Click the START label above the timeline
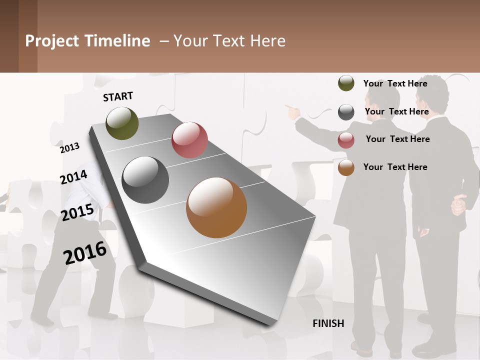point(118,96)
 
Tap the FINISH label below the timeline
point(328,323)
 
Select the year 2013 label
point(70,147)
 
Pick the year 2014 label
point(73,177)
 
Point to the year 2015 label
point(77,212)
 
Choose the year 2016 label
point(85,252)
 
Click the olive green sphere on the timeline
point(122,123)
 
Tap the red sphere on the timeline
point(189,140)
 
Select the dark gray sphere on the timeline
point(145,180)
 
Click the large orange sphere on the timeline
point(216,207)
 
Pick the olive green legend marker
point(346,83)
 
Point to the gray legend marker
point(346,112)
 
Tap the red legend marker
point(346,140)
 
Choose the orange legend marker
point(346,167)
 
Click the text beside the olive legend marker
point(395,83)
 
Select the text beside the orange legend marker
point(395,167)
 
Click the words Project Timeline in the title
point(87,41)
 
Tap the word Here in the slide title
point(266,41)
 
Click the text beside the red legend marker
point(397,139)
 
